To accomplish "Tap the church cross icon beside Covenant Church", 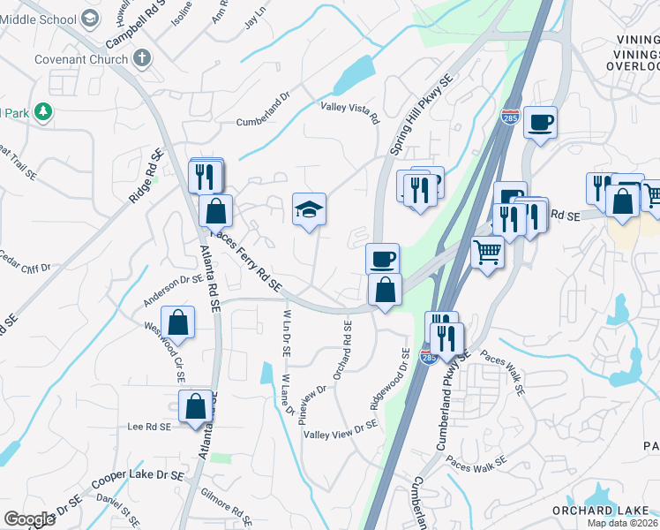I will tap(142, 58).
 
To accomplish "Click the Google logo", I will tap(29, 519).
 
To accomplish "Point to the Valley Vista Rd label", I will tap(349, 112).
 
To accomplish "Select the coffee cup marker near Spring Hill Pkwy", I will tap(382, 260).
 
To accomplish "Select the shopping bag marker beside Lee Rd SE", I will tap(196, 407).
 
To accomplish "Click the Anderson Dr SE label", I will tap(174, 291).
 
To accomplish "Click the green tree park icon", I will tap(41, 112).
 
